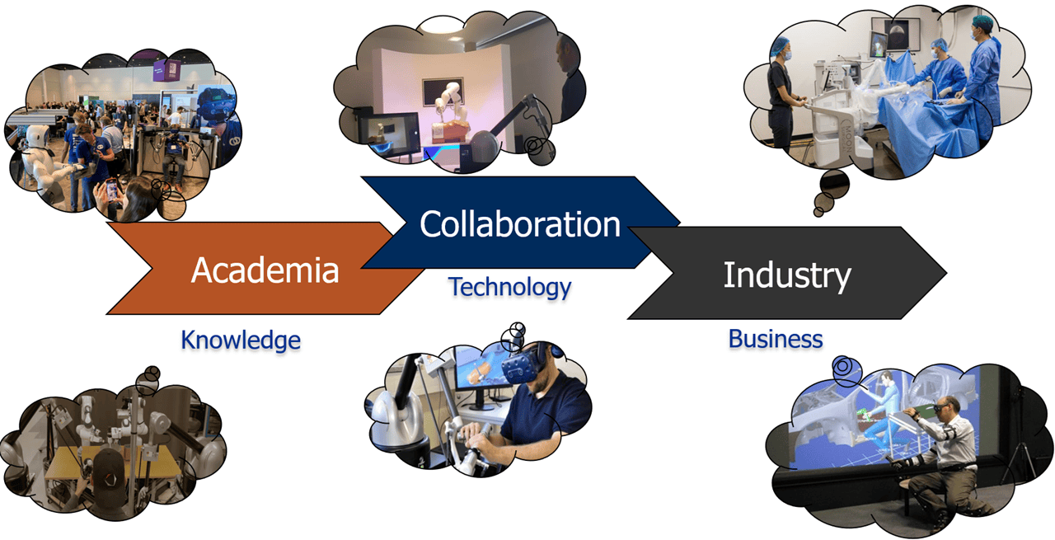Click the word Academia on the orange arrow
point(265,270)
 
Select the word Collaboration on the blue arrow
point(519,223)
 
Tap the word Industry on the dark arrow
point(786,275)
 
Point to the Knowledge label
point(241,340)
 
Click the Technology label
point(509,287)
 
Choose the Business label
point(776,338)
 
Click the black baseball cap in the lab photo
point(108,467)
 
